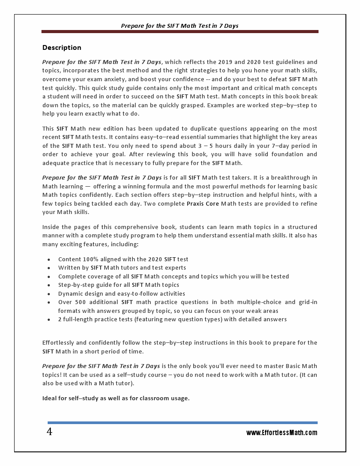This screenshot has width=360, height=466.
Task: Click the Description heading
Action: [x=62, y=48]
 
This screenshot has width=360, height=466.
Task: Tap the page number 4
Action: [x=49, y=432]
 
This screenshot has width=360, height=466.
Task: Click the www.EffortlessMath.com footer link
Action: [x=281, y=433]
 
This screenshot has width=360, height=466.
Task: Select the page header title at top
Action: [x=180, y=26]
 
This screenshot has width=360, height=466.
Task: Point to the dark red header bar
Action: [x=180, y=32]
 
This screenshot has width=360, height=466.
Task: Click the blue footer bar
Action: [x=182, y=423]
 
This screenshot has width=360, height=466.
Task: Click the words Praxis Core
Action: [x=202, y=203]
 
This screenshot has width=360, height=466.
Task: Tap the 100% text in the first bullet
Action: [x=93, y=259]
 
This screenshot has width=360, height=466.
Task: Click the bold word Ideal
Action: [x=50, y=398]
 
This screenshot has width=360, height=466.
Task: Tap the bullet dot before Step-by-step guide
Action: [x=48, y=286]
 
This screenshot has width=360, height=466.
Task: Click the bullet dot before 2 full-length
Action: [x=48, y=320]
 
